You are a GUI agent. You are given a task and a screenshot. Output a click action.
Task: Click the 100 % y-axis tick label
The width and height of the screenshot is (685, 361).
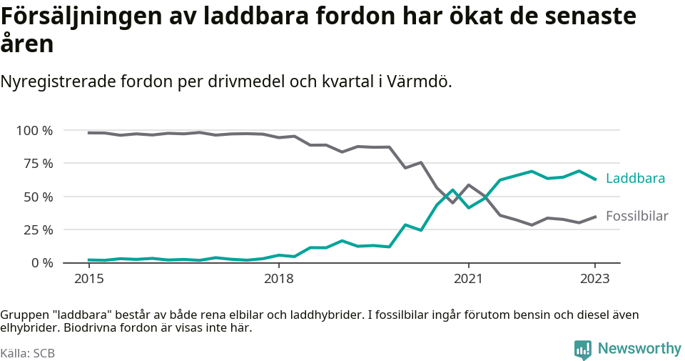point(34,131)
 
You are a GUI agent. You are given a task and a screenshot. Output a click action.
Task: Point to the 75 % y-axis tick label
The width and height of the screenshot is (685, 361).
point(37,164)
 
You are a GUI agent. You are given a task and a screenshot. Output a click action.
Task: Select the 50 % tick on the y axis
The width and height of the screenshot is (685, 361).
point(37,197)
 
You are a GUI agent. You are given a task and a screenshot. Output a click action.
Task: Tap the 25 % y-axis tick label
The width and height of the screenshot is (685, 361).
point(37,230)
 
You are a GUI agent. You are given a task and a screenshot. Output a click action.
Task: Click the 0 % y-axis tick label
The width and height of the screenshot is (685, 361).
point(41,263)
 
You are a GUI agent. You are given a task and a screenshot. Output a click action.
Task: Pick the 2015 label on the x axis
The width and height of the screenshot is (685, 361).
point(88,279)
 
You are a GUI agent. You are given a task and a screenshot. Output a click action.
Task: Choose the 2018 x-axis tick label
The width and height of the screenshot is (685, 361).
point(278,279)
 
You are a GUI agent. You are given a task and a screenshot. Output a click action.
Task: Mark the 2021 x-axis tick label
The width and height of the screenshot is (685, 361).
point(468,279)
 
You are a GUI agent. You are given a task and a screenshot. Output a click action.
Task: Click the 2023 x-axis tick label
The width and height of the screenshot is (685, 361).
point(595,279)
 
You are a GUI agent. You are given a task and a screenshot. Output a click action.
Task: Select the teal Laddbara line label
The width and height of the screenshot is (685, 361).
point(635,179)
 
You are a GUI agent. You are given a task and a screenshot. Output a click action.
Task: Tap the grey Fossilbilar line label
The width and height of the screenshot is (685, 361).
point(636,216)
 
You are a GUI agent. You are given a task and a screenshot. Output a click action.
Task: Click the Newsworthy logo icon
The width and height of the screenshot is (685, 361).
point(583,350)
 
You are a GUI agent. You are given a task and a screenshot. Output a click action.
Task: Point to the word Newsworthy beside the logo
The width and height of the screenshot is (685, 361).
point(639,349)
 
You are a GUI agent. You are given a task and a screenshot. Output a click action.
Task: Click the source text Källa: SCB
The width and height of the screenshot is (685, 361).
point(28,353)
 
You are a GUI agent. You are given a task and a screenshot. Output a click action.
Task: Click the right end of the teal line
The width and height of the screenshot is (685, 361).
point(595,179)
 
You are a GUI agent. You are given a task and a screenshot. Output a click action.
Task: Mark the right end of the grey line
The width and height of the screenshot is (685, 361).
point(595,217)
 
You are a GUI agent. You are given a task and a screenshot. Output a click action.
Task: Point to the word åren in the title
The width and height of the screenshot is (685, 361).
point(27,44)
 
